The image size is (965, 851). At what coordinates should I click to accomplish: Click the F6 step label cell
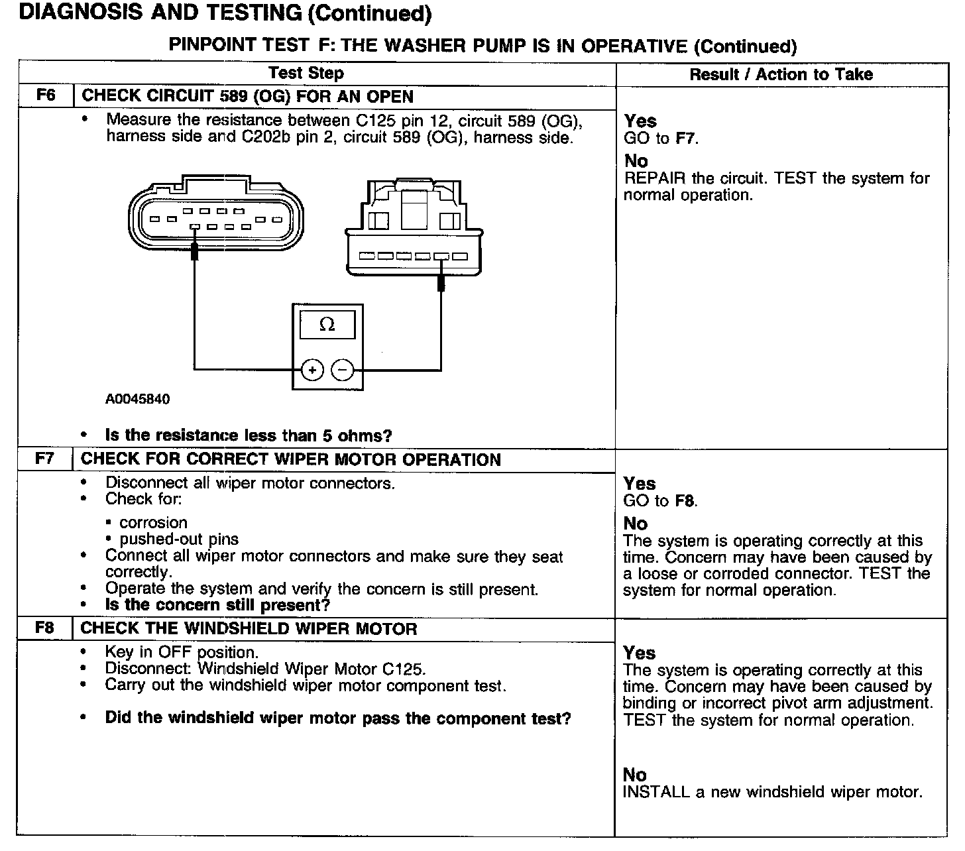tap(45, 95)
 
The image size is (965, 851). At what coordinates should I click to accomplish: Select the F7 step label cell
tap(44, 459)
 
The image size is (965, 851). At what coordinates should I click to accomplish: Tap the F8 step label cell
tap(44, 628)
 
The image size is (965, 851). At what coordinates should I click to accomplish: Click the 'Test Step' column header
tap(306, 73)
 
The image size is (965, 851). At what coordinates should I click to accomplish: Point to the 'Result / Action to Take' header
tap(781, 74)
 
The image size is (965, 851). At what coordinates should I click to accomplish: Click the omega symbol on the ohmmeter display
tap(327, 325)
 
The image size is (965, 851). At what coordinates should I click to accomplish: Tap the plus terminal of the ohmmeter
tap(312, 370)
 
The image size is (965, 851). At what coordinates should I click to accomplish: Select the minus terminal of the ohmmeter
tap(342, 370)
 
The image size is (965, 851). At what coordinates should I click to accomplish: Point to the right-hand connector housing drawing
tap(414, 229)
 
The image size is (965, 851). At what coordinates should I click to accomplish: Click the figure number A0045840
tap(137, 399)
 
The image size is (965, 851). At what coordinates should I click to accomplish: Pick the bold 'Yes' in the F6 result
tap(640, 121)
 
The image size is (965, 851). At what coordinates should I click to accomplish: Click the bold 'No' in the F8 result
tap(634, 774)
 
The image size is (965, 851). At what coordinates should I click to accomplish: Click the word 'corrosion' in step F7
tap(153, 522)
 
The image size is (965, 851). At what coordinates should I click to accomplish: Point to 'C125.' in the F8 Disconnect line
tap(404, 668)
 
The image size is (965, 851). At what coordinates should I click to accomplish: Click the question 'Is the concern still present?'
tap(217, 605)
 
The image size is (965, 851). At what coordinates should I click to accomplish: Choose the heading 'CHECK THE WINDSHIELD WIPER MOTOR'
tap(249, 628)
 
